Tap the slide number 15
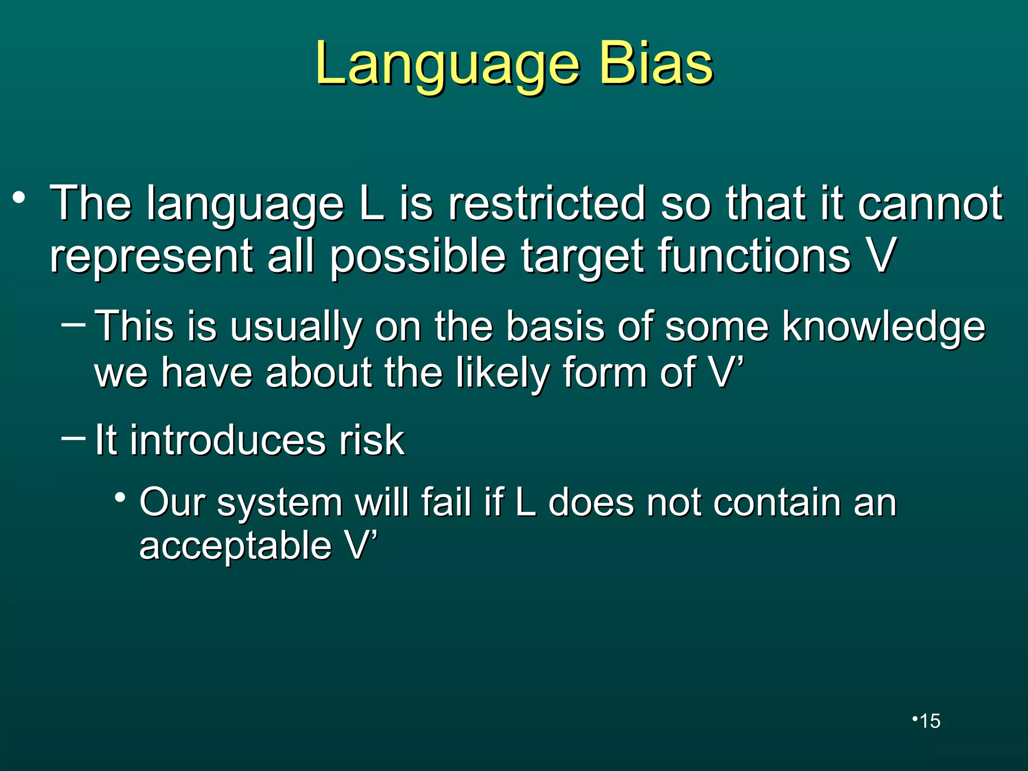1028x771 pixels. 930,721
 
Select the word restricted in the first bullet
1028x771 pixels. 546,203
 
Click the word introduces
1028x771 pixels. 228,440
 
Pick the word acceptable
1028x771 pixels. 235,546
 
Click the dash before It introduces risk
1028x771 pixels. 73,438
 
